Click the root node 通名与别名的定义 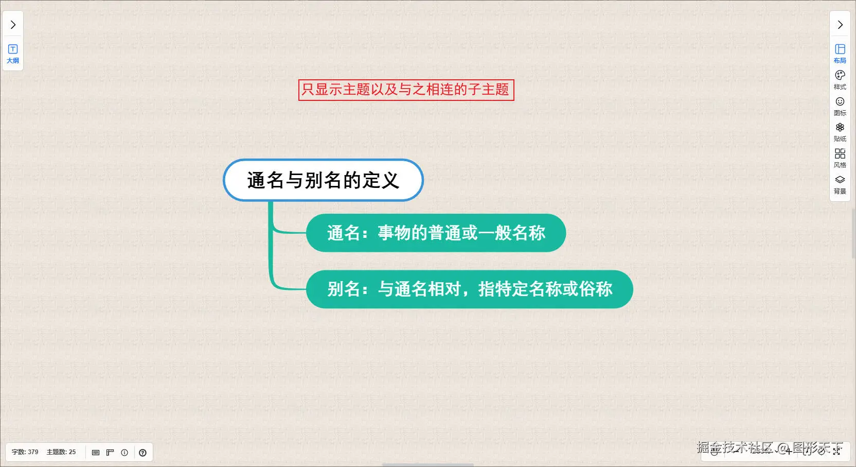click(323, 180)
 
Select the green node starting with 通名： click(436, 233)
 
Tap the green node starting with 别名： click(469, 289)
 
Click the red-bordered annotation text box click(406, 90)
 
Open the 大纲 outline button click(13, 54)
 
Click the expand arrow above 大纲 click(13, 25)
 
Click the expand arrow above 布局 click(840, 25)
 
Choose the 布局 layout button click(840, 54)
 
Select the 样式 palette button click(840, 80)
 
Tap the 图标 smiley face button click(840, 107)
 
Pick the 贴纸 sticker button click(840, 132)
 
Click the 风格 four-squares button click(840, 159)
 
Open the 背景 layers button click(840, 185)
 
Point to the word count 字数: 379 click(25, 452)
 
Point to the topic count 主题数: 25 click(61, 452)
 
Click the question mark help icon click(142, 453)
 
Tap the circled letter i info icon click(124, 453)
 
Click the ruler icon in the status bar click(110, 453)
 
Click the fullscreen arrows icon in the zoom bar click(836, 452)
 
